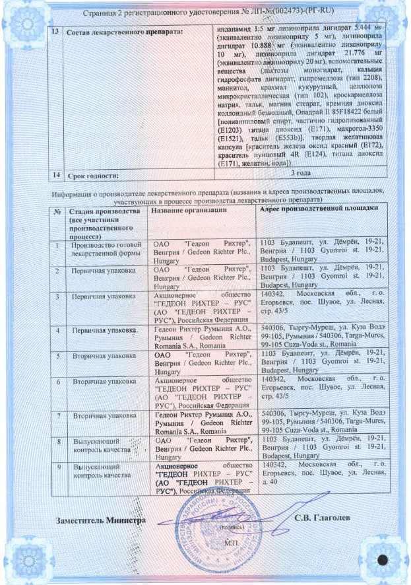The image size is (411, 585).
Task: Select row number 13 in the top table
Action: [56, 31]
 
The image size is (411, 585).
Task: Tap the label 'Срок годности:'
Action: [96, 176]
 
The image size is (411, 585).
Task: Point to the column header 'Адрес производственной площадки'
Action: [320, 209]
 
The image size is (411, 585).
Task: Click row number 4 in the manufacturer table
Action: [58, 328]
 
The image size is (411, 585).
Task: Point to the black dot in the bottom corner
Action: [381, 559]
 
